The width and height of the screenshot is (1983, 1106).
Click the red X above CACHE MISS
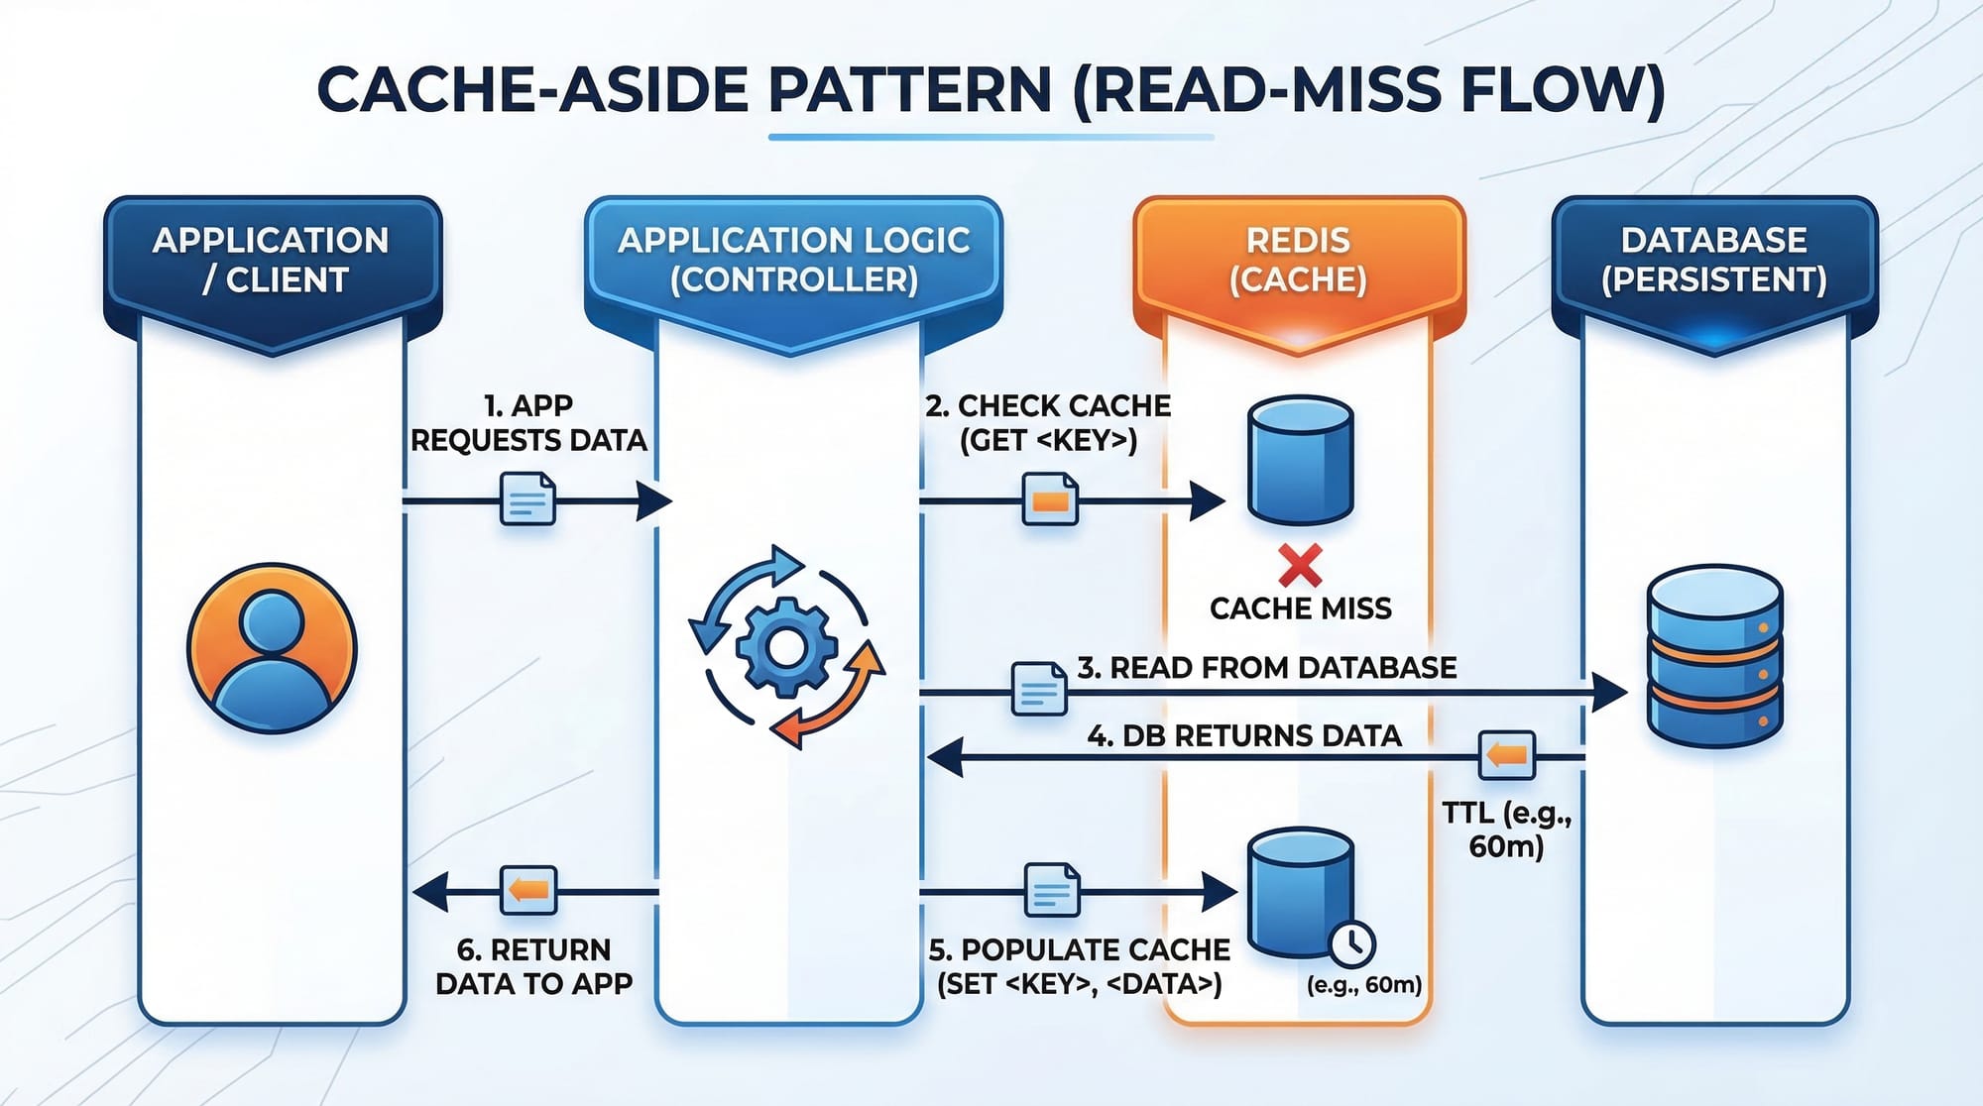tap(1300, 566)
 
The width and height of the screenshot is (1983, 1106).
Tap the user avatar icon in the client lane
tap(272, 648)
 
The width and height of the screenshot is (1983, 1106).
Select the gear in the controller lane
tap(786, 647)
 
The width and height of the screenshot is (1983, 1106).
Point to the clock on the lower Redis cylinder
tap(1350, 943)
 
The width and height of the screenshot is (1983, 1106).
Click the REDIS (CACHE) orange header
tap(1298, 261)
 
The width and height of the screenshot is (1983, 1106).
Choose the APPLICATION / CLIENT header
tap(272, 261)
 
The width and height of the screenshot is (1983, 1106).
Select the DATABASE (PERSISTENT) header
tap(1714, 261)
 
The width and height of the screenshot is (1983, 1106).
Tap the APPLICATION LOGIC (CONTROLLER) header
tap(793, 261)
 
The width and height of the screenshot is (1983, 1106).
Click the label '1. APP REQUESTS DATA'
tap(528, 422)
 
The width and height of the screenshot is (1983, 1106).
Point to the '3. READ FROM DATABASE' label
tap(1267, 668)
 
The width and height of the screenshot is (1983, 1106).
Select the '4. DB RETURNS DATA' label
tap(1244, 736)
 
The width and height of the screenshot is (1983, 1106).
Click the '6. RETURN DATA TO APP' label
tap(533, 966)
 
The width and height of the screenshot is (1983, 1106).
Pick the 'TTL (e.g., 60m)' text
tap(1506, 829)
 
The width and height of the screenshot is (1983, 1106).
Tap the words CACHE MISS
tap(1300, 608)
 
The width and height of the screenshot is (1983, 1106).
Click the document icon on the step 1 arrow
tap(527, 498)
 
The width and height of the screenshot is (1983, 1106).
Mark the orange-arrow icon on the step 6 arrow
tap(528, 890)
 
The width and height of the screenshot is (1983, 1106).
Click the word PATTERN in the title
tap(909, 90)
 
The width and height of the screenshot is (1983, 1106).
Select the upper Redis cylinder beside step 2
tap(1300, 460)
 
